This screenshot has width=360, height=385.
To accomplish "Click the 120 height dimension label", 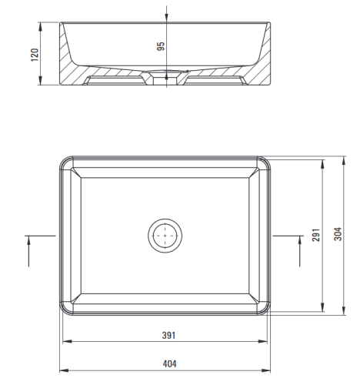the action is tap(35, 55).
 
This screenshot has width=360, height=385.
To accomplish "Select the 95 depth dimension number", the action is tap(161, 46).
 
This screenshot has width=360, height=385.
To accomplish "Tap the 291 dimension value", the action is tap(316, 235).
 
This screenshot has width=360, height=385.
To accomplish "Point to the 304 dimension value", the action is tap(338, 234).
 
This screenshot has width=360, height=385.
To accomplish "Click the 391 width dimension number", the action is tap(168, 335).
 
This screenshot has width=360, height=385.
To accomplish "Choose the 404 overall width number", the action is tap(169, 363).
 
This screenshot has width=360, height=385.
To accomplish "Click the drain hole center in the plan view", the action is tap(165, 236).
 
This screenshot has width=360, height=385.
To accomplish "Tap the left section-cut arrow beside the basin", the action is tap(28, 251).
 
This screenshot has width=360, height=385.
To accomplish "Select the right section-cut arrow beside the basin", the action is tap(299, 251).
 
